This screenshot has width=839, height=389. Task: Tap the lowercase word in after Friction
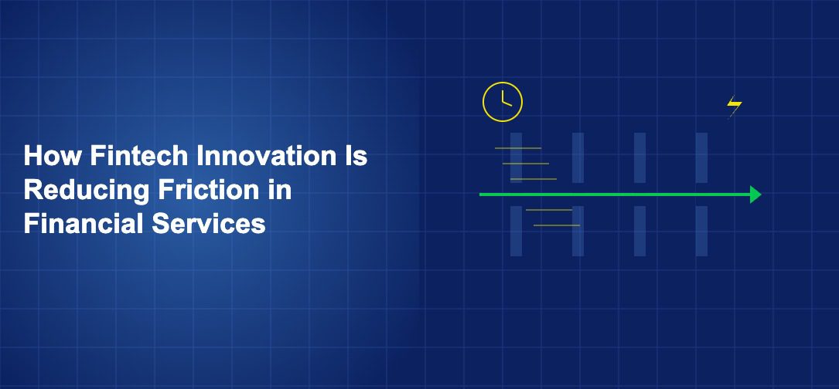[280, 190]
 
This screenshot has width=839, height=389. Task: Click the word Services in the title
[208, 224]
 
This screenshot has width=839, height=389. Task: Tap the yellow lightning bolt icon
[734, 106]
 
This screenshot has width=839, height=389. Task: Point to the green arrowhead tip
[761, 194]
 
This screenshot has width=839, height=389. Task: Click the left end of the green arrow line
[480, 194]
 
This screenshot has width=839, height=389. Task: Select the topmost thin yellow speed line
[518, 148]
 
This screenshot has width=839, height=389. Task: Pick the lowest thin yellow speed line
[557, 225]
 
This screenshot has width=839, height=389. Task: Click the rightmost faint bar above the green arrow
[701, 157]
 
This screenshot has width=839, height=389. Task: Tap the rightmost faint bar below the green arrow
[701, 231]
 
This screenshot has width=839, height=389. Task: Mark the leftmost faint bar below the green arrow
[516, 231]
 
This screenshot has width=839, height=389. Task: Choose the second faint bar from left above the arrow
[578, 157]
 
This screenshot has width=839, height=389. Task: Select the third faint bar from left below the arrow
[640, 231]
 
